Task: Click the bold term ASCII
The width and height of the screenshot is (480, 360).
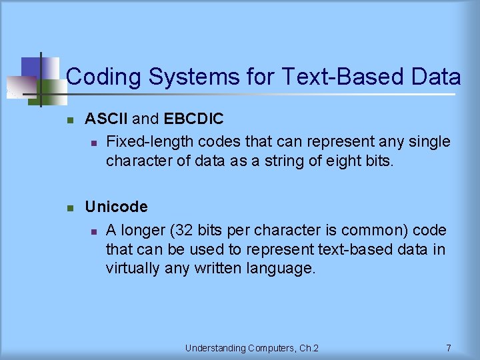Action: (107, 119)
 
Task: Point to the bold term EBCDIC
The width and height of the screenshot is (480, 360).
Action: (193, 119)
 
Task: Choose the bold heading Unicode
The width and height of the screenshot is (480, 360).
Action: (116, 207)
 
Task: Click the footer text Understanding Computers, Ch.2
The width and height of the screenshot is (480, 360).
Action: (252, 348)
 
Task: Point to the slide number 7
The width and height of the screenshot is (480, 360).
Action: (449, 348)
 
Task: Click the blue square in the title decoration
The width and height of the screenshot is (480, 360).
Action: (30, 67)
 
